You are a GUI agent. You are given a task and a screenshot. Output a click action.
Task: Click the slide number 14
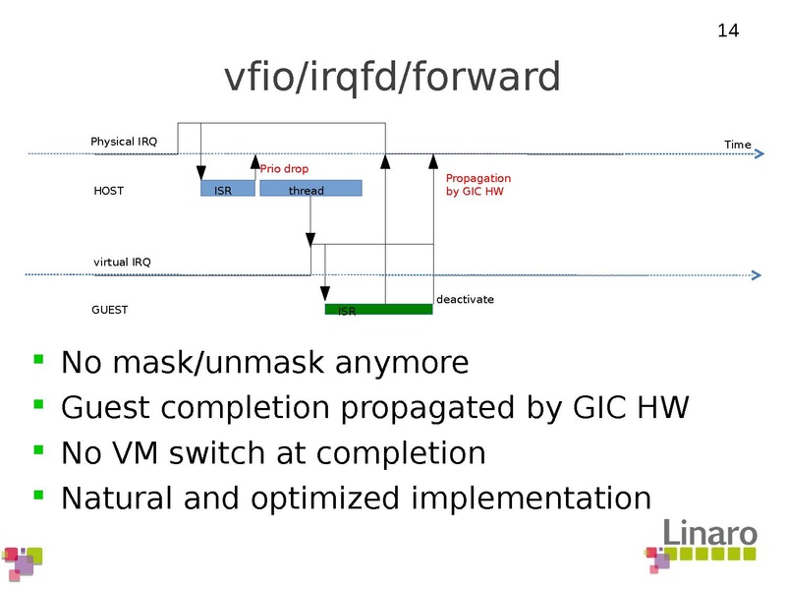click(x=728, y=31)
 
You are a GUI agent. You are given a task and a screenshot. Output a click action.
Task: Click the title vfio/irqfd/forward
click(x=393, y=78)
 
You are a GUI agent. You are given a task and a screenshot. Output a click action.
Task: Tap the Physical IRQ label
click(x=124, y=142)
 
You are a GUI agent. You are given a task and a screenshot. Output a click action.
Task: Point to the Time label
click(x=737, y=145)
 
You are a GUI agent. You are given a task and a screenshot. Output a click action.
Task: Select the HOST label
click(x=108, y=191)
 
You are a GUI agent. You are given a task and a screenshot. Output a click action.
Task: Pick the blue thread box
click(x=310, y=189)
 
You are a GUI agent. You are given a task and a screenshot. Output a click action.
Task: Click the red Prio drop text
click(x=284, y=169)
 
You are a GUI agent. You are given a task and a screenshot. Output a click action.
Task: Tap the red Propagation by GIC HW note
click(x=477, y=185)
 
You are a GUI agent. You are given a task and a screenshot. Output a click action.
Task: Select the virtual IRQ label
click(x=122, y=262)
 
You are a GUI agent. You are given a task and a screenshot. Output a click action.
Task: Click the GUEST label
click(x=110, y=310)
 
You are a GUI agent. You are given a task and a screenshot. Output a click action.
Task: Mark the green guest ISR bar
click(x=378, y=310)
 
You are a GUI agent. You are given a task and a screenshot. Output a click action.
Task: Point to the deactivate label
click(x=465, y=299)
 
